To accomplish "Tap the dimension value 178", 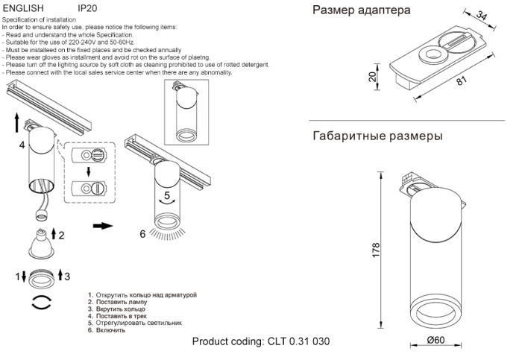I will (376, 250).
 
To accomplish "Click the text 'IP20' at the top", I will (87, 7).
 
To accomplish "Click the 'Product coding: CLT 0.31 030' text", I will (260, 341).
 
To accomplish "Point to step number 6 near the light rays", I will (142, 233).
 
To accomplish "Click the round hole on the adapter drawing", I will (430, 53).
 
